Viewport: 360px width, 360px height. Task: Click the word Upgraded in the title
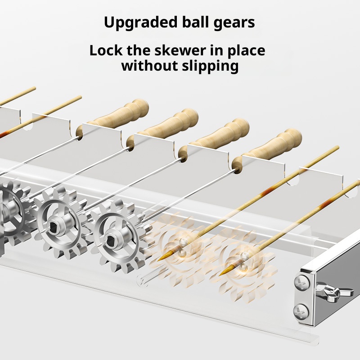141,23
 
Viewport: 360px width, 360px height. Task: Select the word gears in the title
234,23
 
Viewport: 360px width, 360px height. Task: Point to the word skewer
180,50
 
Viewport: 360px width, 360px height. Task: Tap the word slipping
210,67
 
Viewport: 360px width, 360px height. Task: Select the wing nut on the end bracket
334,292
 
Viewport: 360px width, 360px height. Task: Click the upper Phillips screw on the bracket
301,283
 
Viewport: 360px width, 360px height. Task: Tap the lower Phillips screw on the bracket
301,311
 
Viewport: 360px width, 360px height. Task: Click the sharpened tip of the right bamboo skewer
220,275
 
